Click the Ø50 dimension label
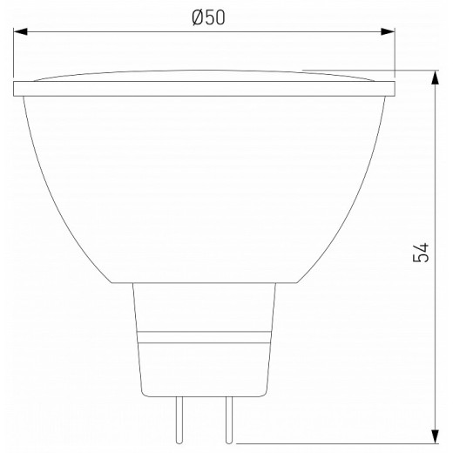point(206,18)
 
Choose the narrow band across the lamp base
point(205,336)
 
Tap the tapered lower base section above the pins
point(205,366)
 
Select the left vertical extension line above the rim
point(14,52)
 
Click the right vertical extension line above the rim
point(395,52)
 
